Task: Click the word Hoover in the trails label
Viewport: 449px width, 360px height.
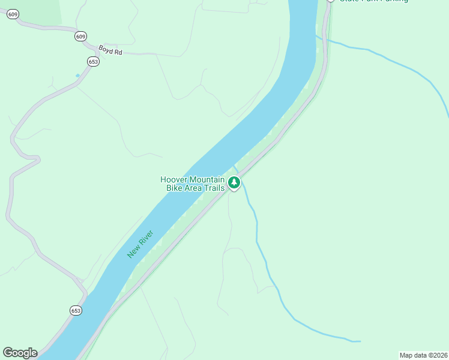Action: click(x=173, y=179)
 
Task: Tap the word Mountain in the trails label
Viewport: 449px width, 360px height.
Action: click(x=206, y=179)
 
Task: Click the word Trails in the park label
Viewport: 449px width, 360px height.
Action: click(x=214, y=188)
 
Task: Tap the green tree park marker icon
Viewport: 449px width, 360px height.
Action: click(x=234, y=182)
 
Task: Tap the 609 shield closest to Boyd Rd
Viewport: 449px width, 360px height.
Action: click(x=80, y=37)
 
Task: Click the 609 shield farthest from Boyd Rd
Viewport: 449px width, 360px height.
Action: click(x=12, y=14)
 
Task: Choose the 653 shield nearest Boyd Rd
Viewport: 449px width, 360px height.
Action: click(x=92, y=62)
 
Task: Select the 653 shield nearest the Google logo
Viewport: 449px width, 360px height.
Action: click(x=76, y=311)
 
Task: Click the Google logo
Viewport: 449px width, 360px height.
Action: click(x=20, y=353)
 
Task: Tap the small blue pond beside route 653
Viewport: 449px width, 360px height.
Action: click(x=77, y=76)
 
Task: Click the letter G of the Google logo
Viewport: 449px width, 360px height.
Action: click(x=8, y=353)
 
